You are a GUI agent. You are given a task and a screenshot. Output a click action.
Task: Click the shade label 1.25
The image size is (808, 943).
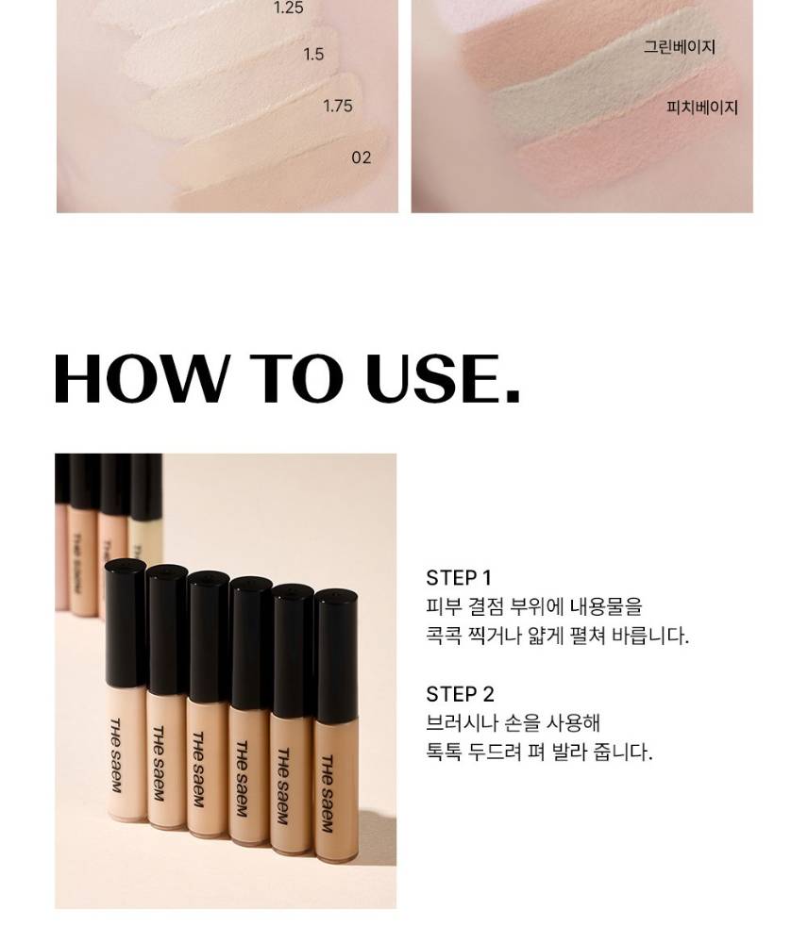coord(289,8)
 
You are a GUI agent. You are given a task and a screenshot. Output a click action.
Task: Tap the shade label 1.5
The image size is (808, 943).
coord(313,54)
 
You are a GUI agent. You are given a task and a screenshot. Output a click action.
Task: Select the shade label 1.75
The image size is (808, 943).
coord(338,106)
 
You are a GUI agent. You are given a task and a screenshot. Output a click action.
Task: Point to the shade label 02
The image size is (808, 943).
coord(362,157)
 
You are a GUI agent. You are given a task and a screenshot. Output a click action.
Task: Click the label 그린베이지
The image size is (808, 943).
coord(679,47)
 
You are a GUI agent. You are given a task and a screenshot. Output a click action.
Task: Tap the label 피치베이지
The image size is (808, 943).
coord(702,108)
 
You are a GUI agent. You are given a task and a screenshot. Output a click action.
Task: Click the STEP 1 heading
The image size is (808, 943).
coord(459,578)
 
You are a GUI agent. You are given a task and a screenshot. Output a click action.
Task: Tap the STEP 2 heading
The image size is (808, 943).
coord(460,694)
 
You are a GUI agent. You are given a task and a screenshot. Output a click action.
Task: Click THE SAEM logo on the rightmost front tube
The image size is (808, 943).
coord(327,794)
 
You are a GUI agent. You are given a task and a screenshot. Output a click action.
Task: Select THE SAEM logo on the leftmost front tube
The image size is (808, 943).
coord(115,755)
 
